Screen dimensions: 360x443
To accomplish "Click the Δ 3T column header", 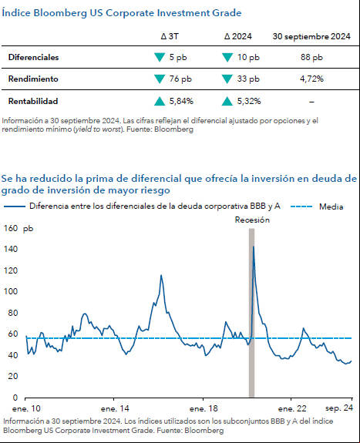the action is (x=170, y=36).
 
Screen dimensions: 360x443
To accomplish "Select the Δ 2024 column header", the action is (x=238, y=36).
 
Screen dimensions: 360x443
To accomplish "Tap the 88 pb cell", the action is (x=311, y=57).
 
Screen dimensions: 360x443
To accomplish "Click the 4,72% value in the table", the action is (x=311, y=79).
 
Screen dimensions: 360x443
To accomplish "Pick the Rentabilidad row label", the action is (x=33, y=101).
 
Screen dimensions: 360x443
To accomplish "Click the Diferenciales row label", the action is (x=33, y=57).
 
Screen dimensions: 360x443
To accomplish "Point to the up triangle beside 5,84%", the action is (x=160, y=101).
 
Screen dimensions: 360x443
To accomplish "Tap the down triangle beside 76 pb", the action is (x=160, y=79).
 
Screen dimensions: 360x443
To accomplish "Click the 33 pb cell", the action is (x=248, y=79).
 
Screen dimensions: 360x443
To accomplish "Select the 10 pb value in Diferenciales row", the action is (x=248, y=57).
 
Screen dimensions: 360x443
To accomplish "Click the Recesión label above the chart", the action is (x=252, y=220).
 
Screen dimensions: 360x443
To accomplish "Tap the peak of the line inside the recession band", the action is (x=253, y=247).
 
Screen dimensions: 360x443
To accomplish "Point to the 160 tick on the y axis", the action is (x=11, y=228).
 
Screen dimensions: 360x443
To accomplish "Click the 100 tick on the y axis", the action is (x=11, y=291).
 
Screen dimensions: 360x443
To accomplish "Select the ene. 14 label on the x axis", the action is (x=115, y=408).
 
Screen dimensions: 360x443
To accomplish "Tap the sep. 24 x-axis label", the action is (x=339, y=408).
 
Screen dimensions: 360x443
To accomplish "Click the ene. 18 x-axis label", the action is (x=204, y=408).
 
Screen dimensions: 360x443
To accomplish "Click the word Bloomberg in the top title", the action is (x=60, y=13).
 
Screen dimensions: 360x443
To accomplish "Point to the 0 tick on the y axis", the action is (x=15, y=398).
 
